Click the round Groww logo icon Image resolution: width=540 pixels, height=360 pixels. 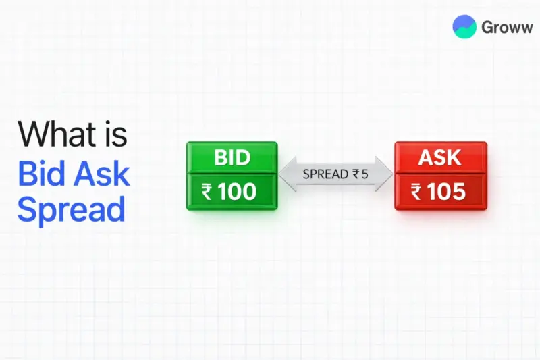coord(464,27)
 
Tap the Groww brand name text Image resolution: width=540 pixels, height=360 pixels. coord(507,27)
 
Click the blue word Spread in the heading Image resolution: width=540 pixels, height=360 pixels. coord(71,209)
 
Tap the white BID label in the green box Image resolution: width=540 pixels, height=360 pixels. coord(232,158)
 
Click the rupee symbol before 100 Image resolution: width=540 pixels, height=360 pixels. coord(208,192)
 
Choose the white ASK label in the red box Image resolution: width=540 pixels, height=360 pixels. coord(440,158)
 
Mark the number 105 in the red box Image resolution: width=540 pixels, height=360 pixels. coord(447,192)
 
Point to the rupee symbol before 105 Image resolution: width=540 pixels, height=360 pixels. coord(416,192)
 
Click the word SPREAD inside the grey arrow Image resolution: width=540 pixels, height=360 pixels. coord(325,174)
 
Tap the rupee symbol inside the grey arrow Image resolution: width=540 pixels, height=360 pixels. coord(355,174)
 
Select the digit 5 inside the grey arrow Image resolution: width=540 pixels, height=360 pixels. coord(364,174)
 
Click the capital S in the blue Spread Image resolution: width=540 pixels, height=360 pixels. coord(27,209)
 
